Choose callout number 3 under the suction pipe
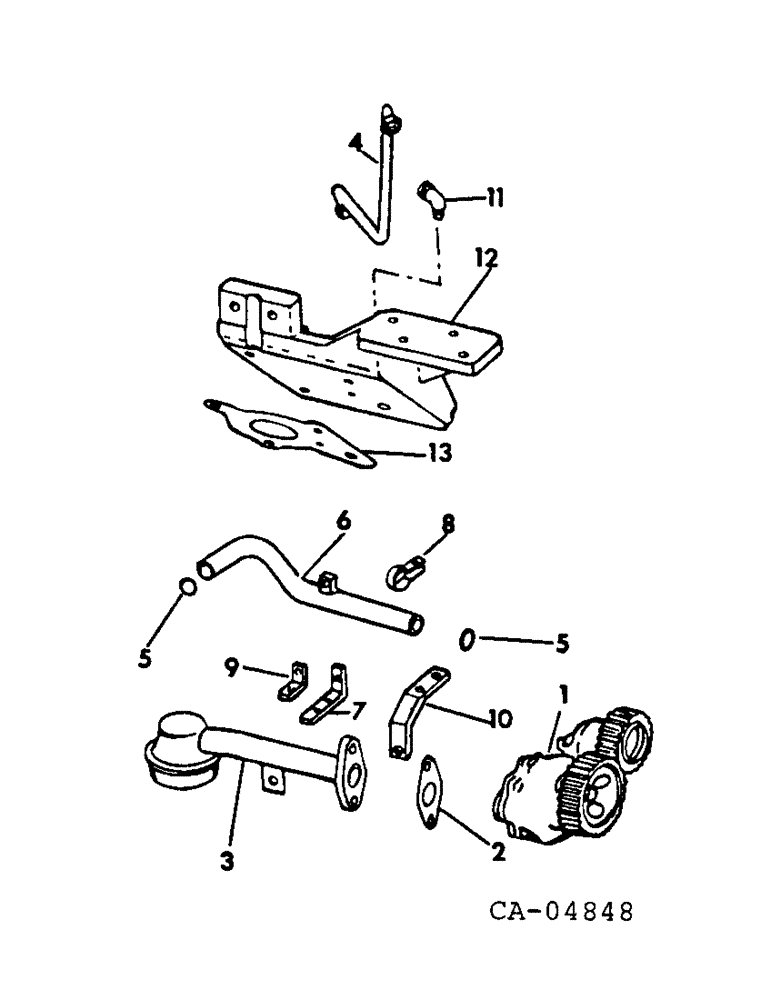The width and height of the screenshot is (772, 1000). [x=227, y=860]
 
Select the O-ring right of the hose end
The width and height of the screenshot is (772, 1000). [x=467, y=640]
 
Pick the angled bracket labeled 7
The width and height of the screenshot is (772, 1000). [x=327, y=697]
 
